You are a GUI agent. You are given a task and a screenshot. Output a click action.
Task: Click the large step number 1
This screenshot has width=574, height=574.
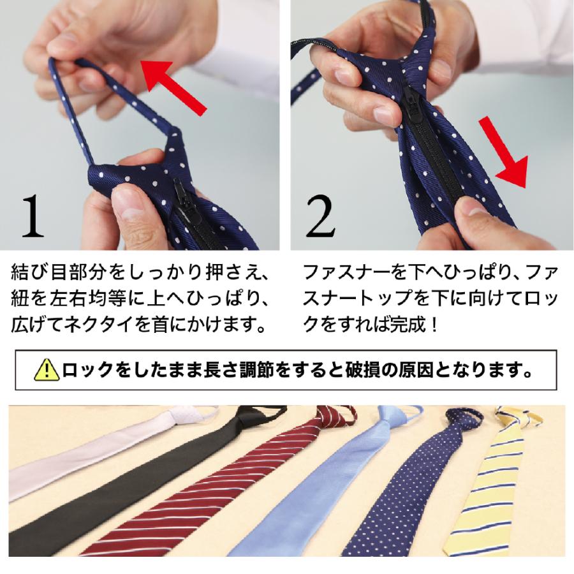tap(33, 216)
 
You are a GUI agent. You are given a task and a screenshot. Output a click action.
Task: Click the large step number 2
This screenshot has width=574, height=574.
tap(320, 216)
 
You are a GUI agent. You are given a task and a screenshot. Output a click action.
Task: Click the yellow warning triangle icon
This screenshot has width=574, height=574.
tap(47, 370)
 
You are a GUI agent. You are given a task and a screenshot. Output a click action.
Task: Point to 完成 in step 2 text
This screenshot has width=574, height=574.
tap(406, 325)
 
